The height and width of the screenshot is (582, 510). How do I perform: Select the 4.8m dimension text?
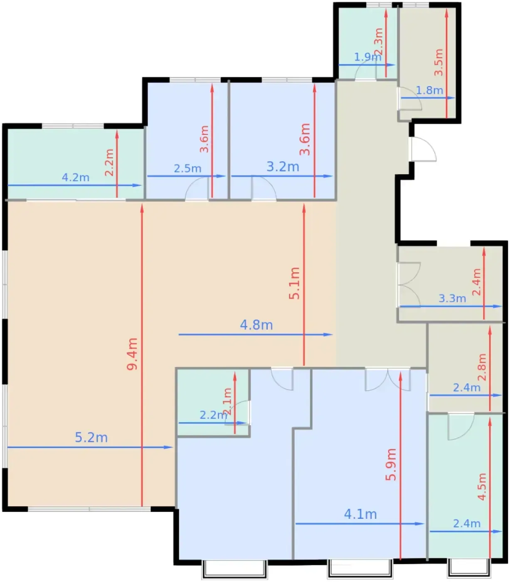click(x=256, y=325)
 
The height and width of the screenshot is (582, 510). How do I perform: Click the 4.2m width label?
click(x=76, y=177)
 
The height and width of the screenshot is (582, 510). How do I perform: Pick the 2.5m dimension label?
click(x=187, y=168)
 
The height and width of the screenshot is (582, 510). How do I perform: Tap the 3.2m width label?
click(x=283, y=166)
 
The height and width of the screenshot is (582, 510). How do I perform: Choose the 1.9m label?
click(x=367, y=57)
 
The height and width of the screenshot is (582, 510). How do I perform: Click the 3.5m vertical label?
click(x=438, y=62)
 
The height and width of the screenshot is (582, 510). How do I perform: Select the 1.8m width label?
click(x=429, y=90)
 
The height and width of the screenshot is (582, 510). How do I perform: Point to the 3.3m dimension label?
click(x=452, y=298)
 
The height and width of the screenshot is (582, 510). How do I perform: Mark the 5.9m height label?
click(x=390, y=464)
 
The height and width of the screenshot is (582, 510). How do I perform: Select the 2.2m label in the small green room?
click(x=213, y=415)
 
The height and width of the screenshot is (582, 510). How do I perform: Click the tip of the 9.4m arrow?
click(x=142, y=204)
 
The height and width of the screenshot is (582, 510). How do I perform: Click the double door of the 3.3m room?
click(x=409, y=284)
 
